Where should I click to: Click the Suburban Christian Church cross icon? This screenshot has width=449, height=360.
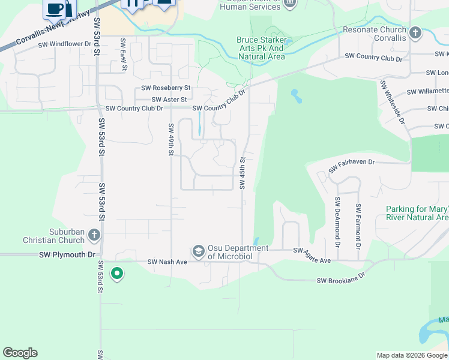coord(94,235)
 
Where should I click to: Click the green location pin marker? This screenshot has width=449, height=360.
coord(117,274)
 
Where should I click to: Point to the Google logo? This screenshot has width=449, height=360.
coord(20,353)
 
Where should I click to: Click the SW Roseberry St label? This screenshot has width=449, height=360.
coord(166,88)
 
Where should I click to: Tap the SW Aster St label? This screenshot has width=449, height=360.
coord(169,100)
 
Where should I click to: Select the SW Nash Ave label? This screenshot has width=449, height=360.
coord(167,262)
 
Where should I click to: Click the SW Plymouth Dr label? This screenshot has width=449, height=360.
coord(67,254)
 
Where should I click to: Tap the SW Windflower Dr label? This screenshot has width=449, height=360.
coord(64,44)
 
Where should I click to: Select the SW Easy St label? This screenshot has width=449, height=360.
coord(124,54)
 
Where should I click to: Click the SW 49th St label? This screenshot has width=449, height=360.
coord(171,139)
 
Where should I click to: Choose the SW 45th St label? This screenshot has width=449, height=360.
coord(243,173)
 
